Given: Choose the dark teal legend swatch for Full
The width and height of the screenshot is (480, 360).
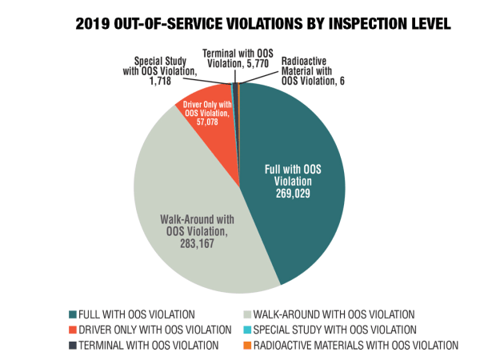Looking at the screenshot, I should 74,314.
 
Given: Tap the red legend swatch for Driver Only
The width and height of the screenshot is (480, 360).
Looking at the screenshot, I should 74,330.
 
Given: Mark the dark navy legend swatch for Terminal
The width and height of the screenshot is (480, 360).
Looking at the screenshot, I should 74,345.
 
